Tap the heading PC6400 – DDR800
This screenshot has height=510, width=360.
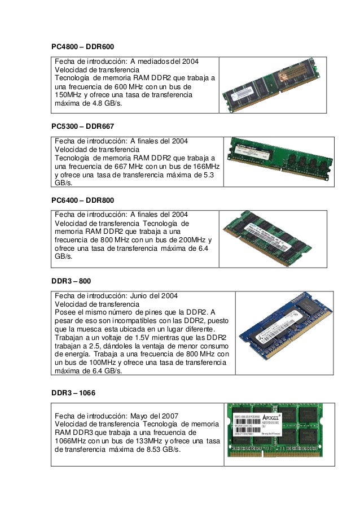(83, 200)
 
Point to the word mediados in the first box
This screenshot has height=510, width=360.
(152, 61)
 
